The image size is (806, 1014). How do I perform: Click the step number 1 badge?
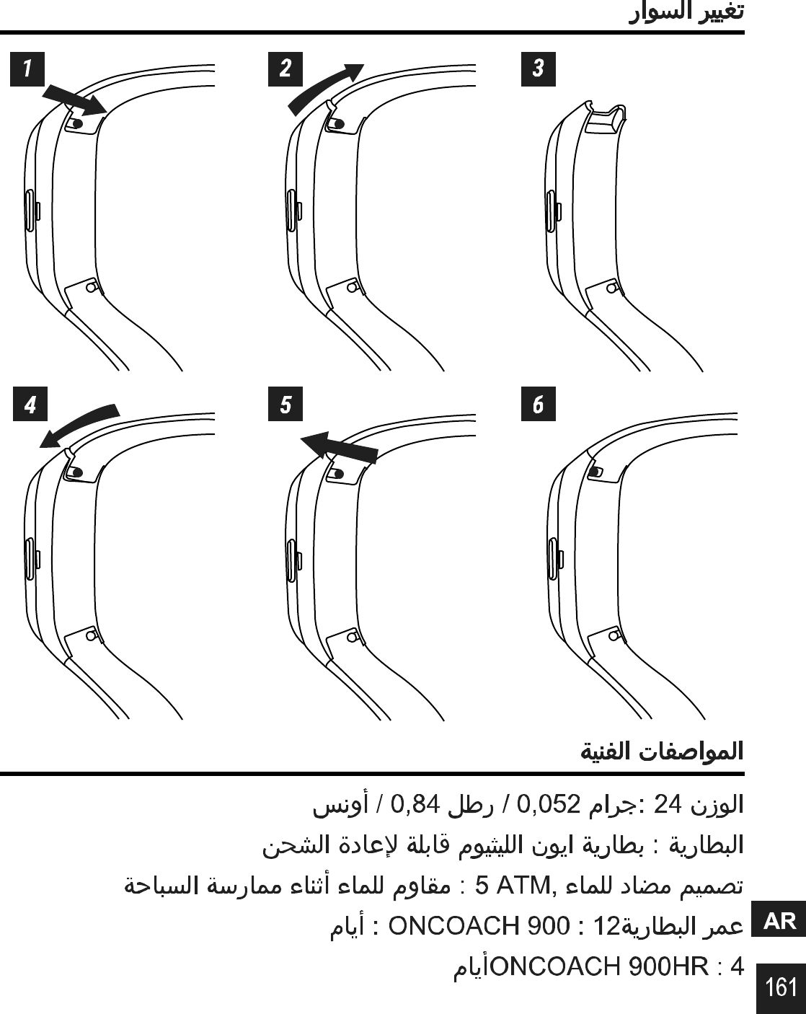(27, 69)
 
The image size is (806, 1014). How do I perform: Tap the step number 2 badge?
(285, 69)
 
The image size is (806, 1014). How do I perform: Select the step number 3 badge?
(538, 69)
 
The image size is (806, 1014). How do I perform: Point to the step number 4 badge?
(30, 405)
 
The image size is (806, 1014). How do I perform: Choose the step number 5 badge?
(285, 405)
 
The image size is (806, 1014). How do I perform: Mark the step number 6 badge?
(538, 405)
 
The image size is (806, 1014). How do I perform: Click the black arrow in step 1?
(74, 100)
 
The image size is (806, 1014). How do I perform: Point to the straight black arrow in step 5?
(339, 447)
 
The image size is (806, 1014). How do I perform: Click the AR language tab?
(779, 921)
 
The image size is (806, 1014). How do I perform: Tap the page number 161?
(781, 987)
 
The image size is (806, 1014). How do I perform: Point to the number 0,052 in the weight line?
(549, 804)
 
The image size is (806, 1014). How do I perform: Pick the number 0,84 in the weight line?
(415, 804)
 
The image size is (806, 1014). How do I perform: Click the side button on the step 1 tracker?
(30, 211)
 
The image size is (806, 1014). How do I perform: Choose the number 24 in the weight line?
(667, 804)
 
